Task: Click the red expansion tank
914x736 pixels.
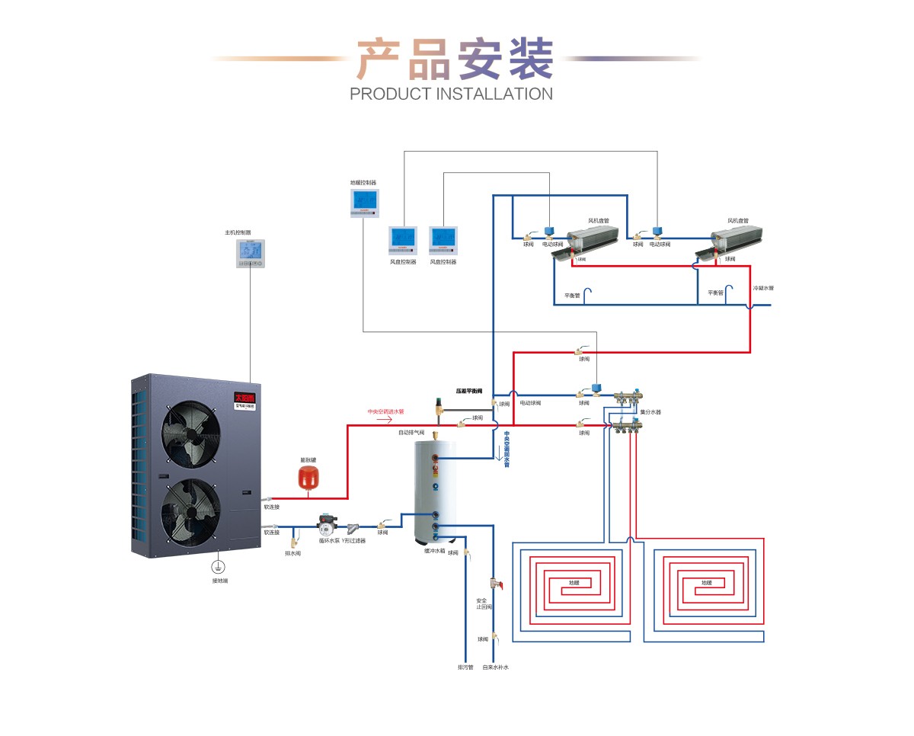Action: coord(308,477)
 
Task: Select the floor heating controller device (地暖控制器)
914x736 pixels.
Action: coord(364,203)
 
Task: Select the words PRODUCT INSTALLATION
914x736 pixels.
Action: coord(451,94)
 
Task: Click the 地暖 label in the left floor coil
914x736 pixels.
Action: coord(574,583)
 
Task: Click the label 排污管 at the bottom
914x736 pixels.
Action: coord(465,667)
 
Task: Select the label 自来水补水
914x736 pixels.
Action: coord(495,667)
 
